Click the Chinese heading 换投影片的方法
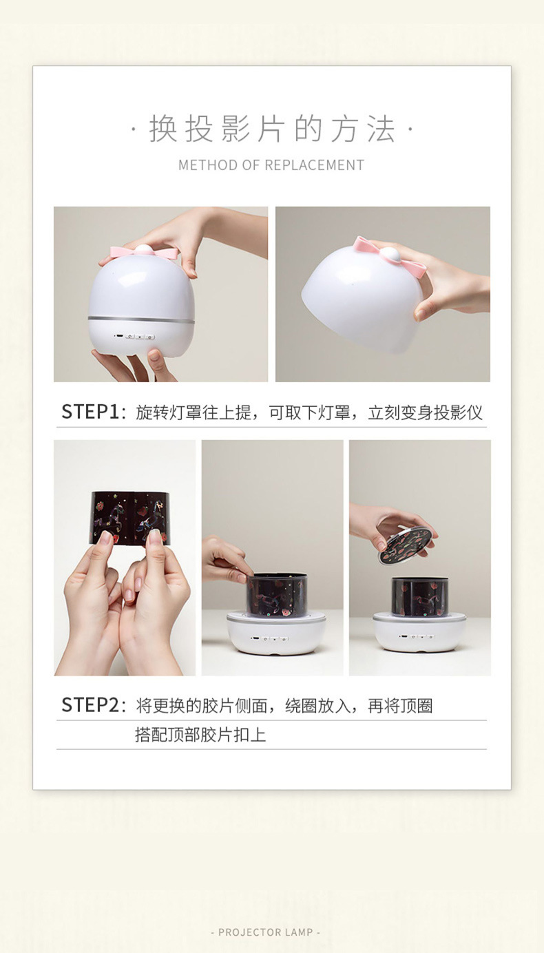[272, 129]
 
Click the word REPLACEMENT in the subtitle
[315, 165]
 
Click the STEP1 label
[90, 412]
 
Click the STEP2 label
[90, 705]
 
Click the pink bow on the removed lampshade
[389, 256]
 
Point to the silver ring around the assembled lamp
[141, 319]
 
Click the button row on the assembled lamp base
[134, 337]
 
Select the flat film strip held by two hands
[129, 519]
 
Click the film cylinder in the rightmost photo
[420, 597]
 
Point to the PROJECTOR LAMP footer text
[265, 932]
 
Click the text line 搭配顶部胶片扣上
[200, 735]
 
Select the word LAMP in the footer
[299, 932]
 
